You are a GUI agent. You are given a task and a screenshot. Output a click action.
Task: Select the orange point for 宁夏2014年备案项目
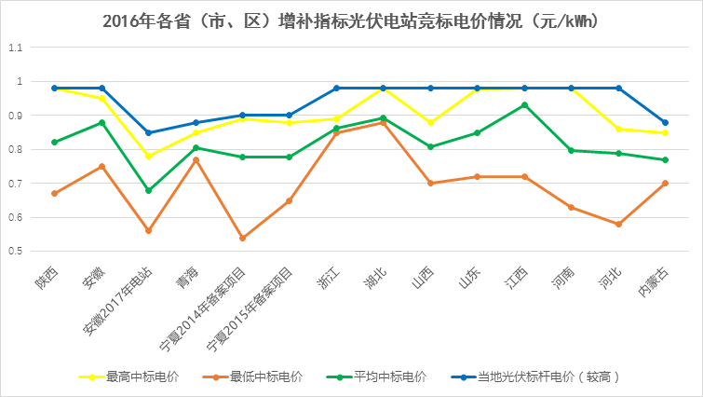242,239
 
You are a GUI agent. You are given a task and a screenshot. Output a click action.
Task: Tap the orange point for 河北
618,225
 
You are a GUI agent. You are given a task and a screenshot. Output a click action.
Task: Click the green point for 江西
524,105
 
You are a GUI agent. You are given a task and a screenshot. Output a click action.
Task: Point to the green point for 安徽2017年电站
148,190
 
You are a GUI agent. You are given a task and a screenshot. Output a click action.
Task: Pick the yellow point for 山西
430,122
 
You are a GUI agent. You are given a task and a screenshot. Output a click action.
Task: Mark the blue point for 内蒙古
665,122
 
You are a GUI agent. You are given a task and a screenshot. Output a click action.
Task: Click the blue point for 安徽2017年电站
148,132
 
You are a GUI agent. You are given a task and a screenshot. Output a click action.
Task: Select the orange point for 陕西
54,194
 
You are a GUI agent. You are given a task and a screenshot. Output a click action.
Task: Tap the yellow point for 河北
618,130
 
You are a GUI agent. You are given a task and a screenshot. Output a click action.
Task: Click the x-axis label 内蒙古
652,283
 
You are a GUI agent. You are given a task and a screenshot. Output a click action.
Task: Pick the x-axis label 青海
184,280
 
